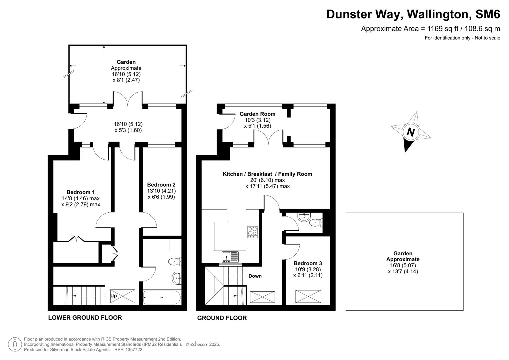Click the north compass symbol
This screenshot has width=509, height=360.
point(410,132)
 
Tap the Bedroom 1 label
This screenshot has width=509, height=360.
point(80,192)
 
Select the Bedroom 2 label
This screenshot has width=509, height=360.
point(161,185)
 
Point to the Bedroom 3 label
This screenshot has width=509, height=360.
point(308,263)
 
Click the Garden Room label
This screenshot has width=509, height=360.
point(257,114)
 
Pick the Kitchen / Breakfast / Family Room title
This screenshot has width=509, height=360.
point(267,174)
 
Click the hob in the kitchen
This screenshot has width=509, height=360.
point(252,232)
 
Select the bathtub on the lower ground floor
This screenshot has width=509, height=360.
point(162,297)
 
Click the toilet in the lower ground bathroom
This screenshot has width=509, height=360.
point(175,261)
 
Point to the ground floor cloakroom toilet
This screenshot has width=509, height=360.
point(315,222)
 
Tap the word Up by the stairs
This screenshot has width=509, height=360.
point(114,296)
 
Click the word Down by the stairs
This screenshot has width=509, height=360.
point(255,276)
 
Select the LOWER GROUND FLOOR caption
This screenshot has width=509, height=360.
point(85,318)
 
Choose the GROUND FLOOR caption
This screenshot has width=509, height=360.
point(222,318)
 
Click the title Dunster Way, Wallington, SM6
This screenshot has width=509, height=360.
point(413,14)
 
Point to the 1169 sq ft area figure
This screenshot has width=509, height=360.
point(440,29)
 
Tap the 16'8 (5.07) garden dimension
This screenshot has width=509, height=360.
point(403,266)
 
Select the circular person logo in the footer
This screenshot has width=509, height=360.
point(15,344)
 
